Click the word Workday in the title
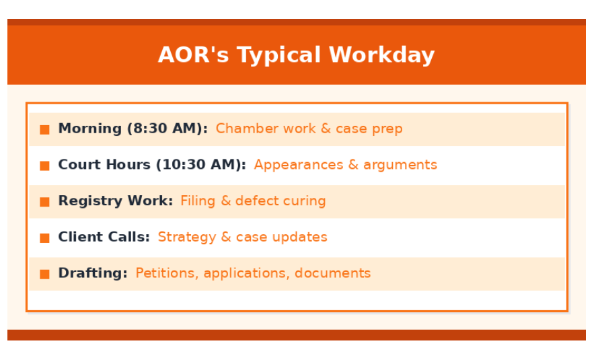381,55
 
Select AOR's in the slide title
193,55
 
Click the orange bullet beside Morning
45,129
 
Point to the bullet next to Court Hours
45,166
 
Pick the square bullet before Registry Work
45,202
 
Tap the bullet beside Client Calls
45,238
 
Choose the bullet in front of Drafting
45,275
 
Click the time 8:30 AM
167,129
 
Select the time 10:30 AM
200,165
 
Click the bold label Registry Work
116,201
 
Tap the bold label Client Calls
104,237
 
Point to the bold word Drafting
93,273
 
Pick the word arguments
400,166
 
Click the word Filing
198,201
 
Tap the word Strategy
187,238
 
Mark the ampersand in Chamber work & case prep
326,129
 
